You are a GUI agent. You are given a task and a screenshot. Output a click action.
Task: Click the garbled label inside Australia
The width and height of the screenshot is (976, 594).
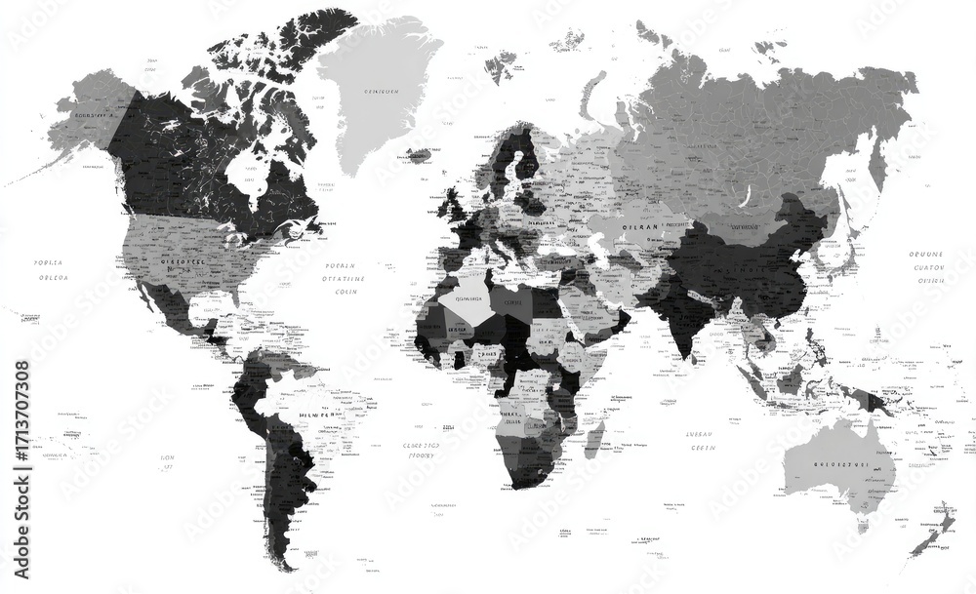pyautogui.click(x=840, y=465)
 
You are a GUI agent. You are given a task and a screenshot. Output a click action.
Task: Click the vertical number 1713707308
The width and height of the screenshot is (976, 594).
pyautogui.click(x=21, y=428)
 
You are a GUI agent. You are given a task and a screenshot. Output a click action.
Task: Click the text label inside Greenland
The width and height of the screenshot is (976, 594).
pyautogui.click(x=381, y=92)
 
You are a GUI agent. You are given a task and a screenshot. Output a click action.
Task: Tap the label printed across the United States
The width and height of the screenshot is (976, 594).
pyautogui.click(x=182, y=261)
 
